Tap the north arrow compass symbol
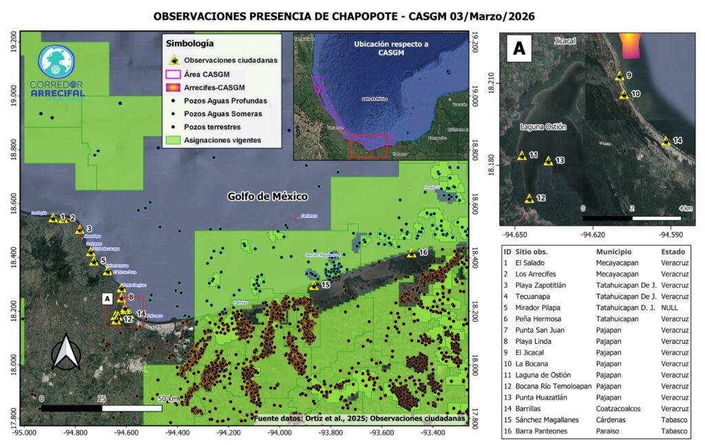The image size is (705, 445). click(x=67, y=354)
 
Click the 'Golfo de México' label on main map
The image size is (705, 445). click(x=268, y=197)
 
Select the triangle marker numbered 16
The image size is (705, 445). click(x=411, y=252)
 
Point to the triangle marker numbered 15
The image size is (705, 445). click(x=314, y=285)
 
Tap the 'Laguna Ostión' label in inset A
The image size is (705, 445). click(x=543, y=127)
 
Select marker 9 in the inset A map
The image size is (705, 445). click(x=620, y=76)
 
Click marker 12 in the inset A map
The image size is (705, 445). click(x=529, y=198)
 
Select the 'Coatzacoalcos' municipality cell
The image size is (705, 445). click(x=620, y=409)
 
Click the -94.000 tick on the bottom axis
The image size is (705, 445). click(x=280, y=433)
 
